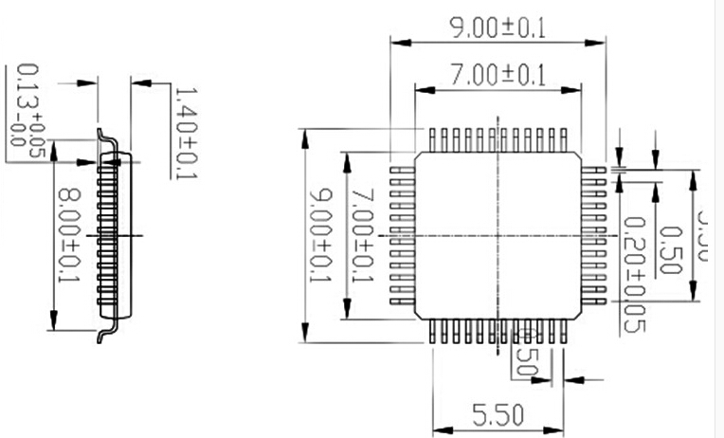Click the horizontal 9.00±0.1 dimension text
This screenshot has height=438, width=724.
498,27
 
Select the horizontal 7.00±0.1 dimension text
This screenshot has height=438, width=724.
498,76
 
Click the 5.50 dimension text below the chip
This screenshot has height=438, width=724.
498,415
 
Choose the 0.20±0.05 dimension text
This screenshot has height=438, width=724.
635,275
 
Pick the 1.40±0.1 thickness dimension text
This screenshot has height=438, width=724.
184,133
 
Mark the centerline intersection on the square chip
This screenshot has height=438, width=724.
498,235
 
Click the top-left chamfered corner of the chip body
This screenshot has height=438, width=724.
420,156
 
